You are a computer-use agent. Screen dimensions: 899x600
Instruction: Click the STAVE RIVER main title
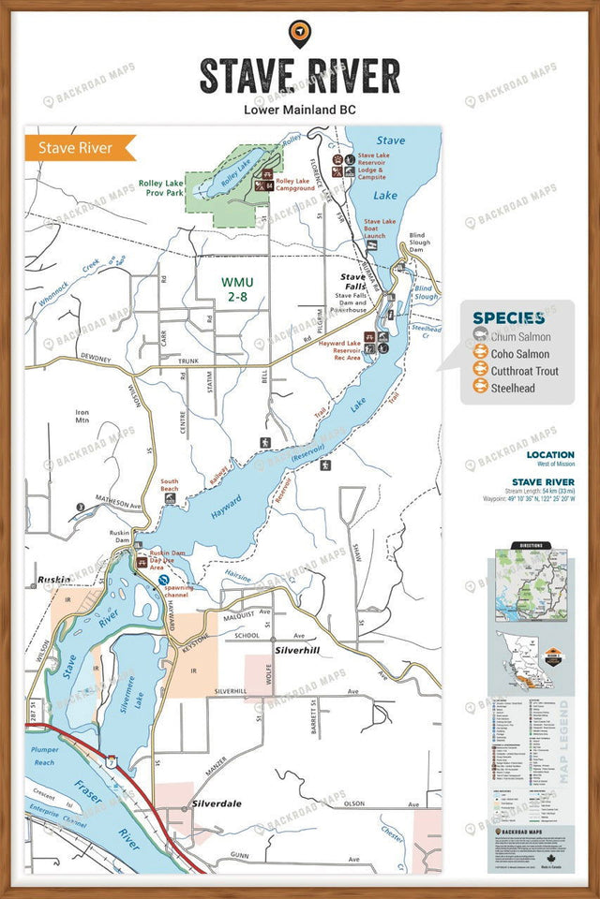pos(299,76)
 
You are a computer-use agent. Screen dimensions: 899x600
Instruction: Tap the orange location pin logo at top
pos(300,34)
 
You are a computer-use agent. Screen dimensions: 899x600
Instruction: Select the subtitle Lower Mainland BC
pos(299,110)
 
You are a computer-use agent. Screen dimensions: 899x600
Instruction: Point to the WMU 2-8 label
pos(236,287)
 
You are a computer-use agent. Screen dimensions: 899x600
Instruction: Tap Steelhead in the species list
pos(513,388)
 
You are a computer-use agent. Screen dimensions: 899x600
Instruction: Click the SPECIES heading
pos(509,318)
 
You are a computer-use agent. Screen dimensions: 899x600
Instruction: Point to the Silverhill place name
pos(298,648)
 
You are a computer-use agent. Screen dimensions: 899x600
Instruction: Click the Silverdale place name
pos(217,803)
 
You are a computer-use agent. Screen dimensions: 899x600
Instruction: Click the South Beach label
pos(169,486)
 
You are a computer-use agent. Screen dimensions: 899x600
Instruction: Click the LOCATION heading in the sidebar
pos(550,455)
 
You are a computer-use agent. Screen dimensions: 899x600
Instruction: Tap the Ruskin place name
pos(53,580)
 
